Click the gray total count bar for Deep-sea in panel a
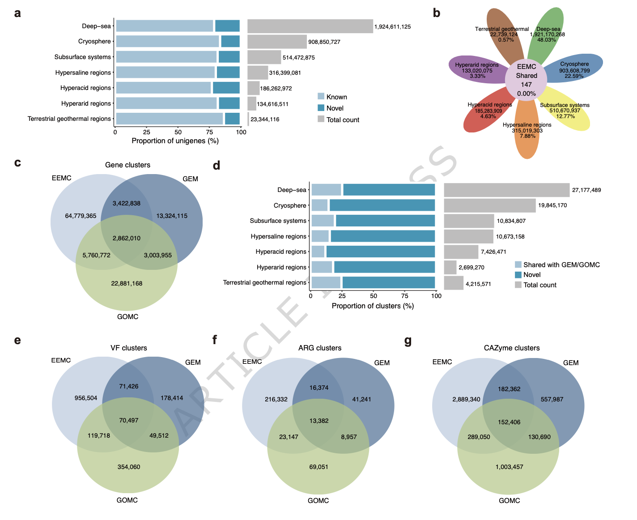[x=310, y=26]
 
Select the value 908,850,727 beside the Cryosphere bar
[x=324, y=42]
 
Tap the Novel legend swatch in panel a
[x=321, y=108]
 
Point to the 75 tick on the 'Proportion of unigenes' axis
[x=209, y=132]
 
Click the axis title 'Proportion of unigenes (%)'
[x=175, y=141]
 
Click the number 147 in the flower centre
[x=527, y=85]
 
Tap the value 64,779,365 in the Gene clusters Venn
[x=81, y=216]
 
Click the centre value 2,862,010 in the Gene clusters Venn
[x=127, y=238]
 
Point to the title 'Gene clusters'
[x=127, y=165]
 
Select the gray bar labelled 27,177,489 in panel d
[x=506, y=190]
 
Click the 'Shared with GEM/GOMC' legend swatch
[x=518, y=265]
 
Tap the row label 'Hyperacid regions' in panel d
[x=281, y=252]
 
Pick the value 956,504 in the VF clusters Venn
[x=86, y=398]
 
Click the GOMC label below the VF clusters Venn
[x=127, y=500]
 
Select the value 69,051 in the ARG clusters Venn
[x=318, y=467]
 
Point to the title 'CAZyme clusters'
[x=512, y=348]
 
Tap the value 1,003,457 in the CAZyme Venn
[x=509, y=467]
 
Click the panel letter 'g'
[x=408, y=341]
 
